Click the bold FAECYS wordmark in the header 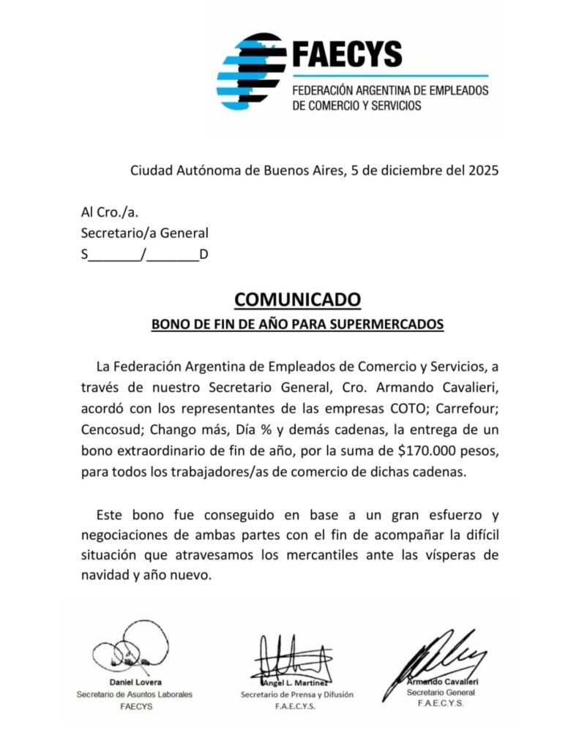click(347, 53)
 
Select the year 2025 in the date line click(484, 171)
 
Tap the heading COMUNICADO click(297, 299)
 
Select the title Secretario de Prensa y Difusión click(296, 694)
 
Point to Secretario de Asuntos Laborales click(135, 694)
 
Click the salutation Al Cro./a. click(109, 213)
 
